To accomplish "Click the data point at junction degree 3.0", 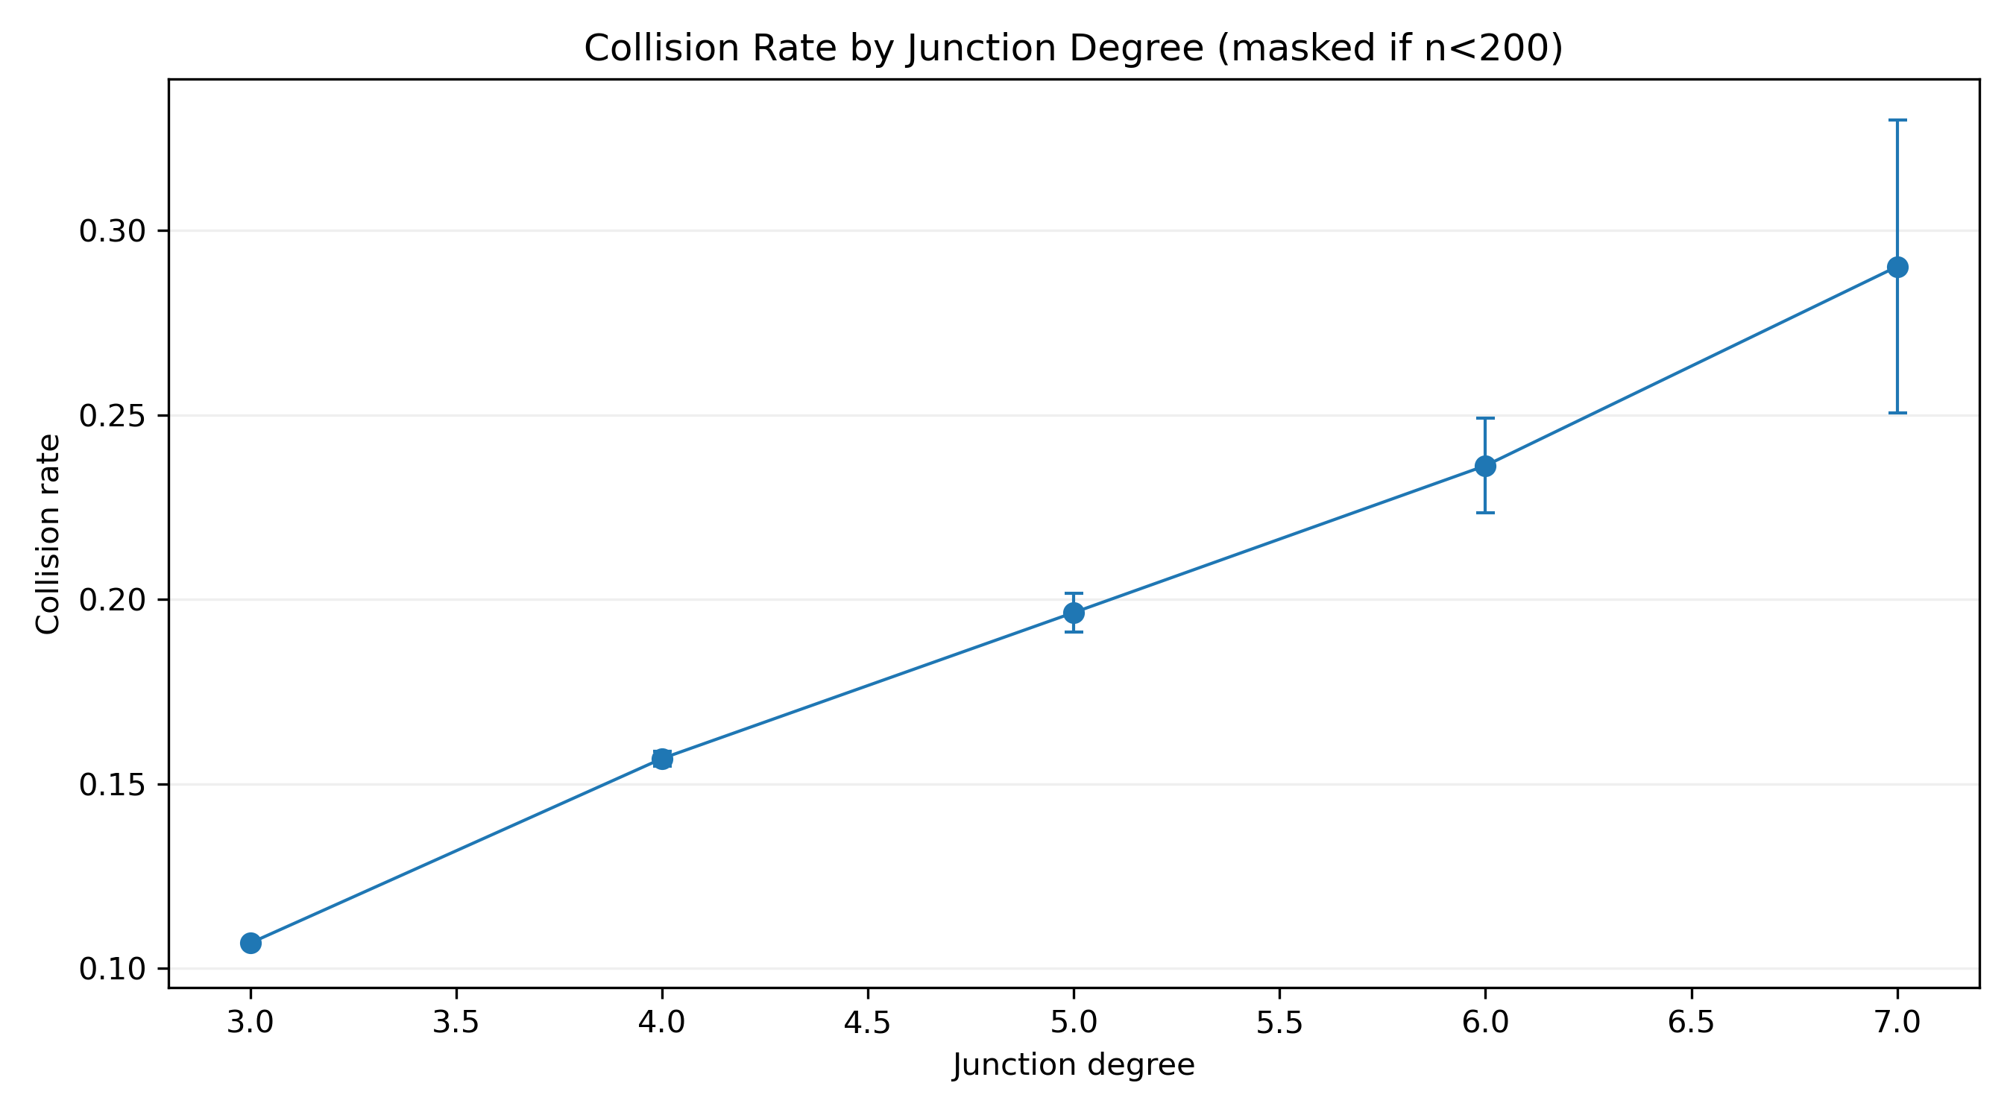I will coord(250,943).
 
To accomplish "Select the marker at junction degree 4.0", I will coord(662,759).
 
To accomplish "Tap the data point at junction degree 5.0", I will coord(1074,613).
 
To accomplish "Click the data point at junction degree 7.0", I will coord(1897,267).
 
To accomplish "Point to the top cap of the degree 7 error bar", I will coord(1897,120).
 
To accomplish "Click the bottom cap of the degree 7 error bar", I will coord(1897,412).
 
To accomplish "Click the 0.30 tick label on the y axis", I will coord(113,231).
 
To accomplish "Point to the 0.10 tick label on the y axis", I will coord(113,970).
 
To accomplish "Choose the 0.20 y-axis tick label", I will coord(113,600).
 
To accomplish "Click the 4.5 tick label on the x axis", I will coord(867,1023).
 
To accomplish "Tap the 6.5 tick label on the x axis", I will coord(1691,1023).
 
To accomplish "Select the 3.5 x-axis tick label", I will coord(456,1023).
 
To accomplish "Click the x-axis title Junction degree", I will coord(1074,1066).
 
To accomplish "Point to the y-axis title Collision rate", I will coord(48,534).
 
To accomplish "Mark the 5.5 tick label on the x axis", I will coord(1279,1023).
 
